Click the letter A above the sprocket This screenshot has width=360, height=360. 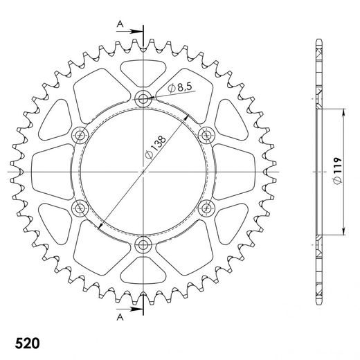click(120, 25)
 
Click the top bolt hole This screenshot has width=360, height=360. click(143, 98)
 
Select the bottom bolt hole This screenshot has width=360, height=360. click(143, 244)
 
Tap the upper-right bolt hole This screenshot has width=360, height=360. click(206, 134)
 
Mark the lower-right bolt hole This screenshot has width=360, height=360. click(206, 208)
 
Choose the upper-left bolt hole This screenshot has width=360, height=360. click(80, 134)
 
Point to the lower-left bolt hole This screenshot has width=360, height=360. click(80, 208)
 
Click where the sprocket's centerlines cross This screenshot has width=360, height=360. click(143, 171)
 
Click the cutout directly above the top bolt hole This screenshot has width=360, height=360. click(143, 69)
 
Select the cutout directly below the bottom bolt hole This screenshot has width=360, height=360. click(143, 273)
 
